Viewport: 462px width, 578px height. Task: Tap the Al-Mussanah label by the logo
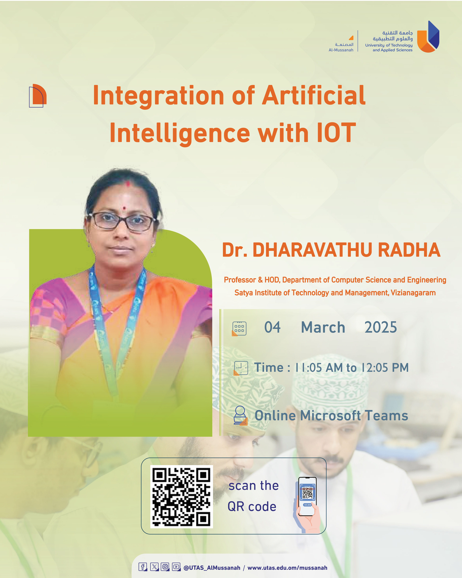click(x=341, y=50)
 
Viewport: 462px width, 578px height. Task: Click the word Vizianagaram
click(x=413, y=293)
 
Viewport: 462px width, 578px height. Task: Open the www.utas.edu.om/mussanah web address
click(x=287, y=568)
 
